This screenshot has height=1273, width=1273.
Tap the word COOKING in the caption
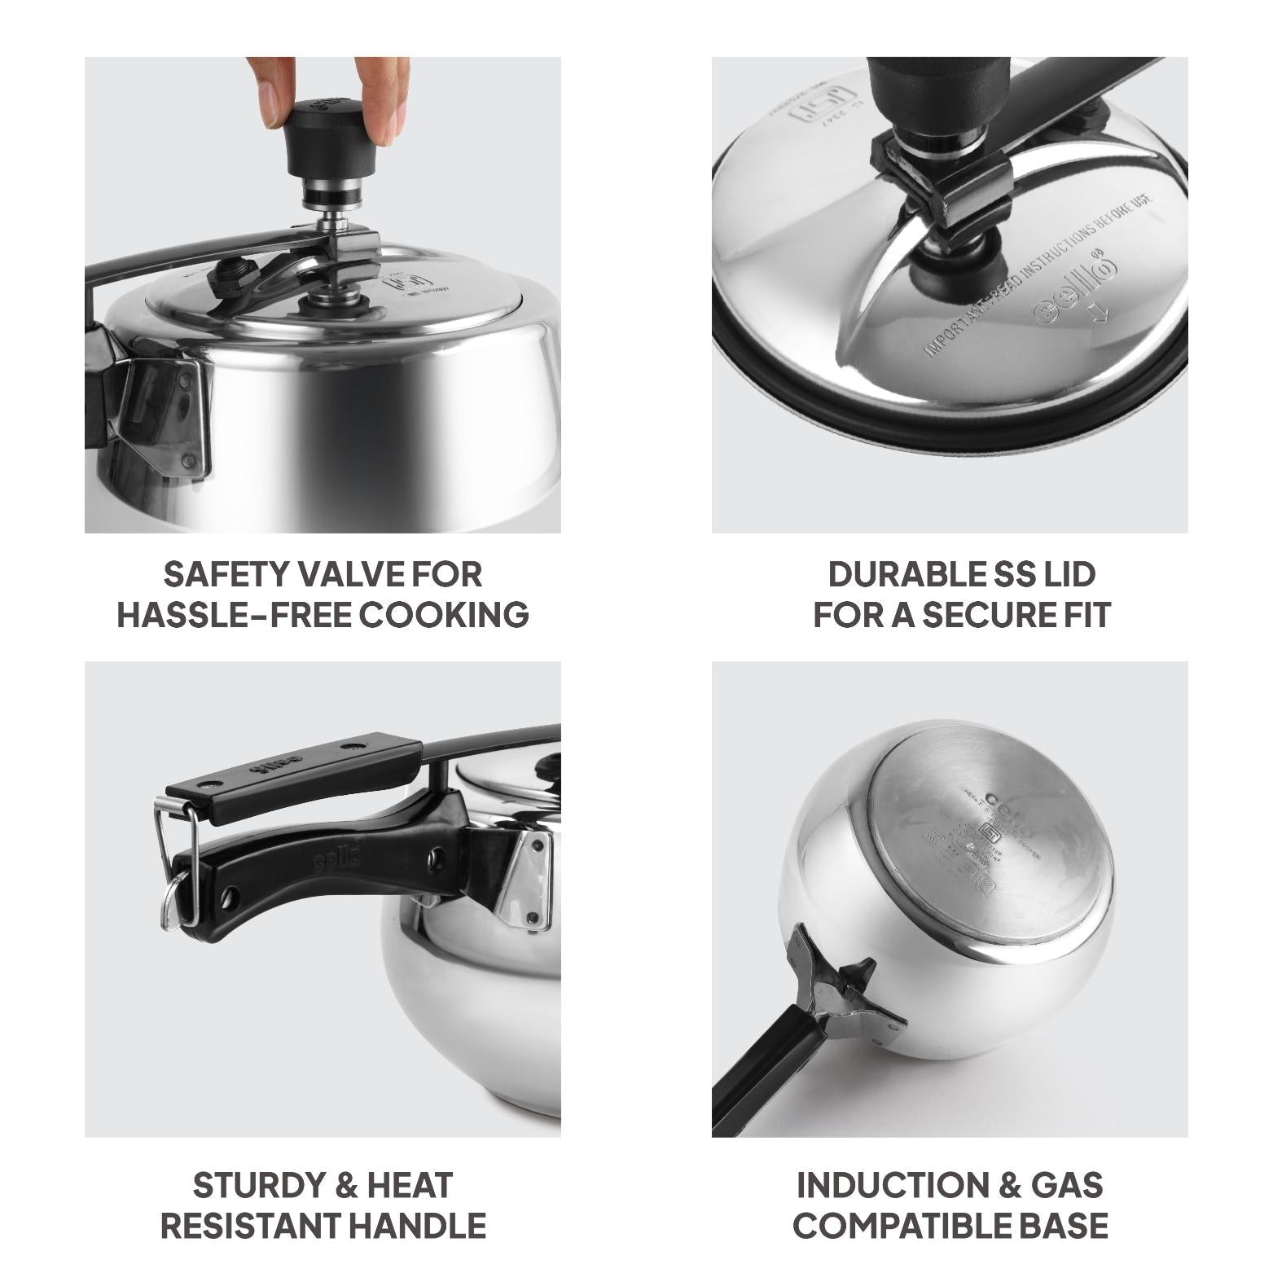[x=444, y=614]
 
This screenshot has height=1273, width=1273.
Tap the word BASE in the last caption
[x=1067, y=1225]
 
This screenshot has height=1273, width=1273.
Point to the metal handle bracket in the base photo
[x=847, y=990]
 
